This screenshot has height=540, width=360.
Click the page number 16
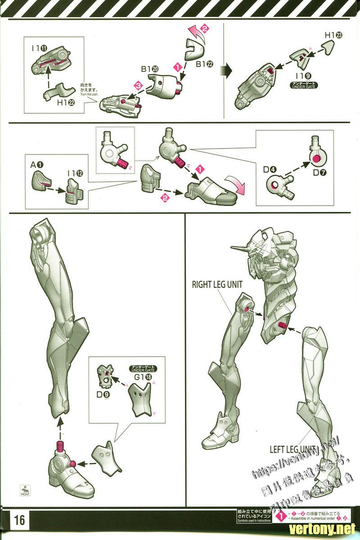pos(19,520)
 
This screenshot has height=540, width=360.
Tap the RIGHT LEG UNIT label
pos(217,284)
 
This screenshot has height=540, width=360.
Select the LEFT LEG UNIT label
pos(293,449)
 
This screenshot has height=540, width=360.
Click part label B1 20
pos(149,69)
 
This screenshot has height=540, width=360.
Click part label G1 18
pos(143,376)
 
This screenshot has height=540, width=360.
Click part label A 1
pos(37,165)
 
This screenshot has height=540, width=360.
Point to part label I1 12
pos(75,172)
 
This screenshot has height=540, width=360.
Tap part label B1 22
pos(204,64)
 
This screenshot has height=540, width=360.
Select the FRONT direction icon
pos(25,490)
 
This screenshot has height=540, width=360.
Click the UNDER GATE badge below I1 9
pos(301,85)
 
